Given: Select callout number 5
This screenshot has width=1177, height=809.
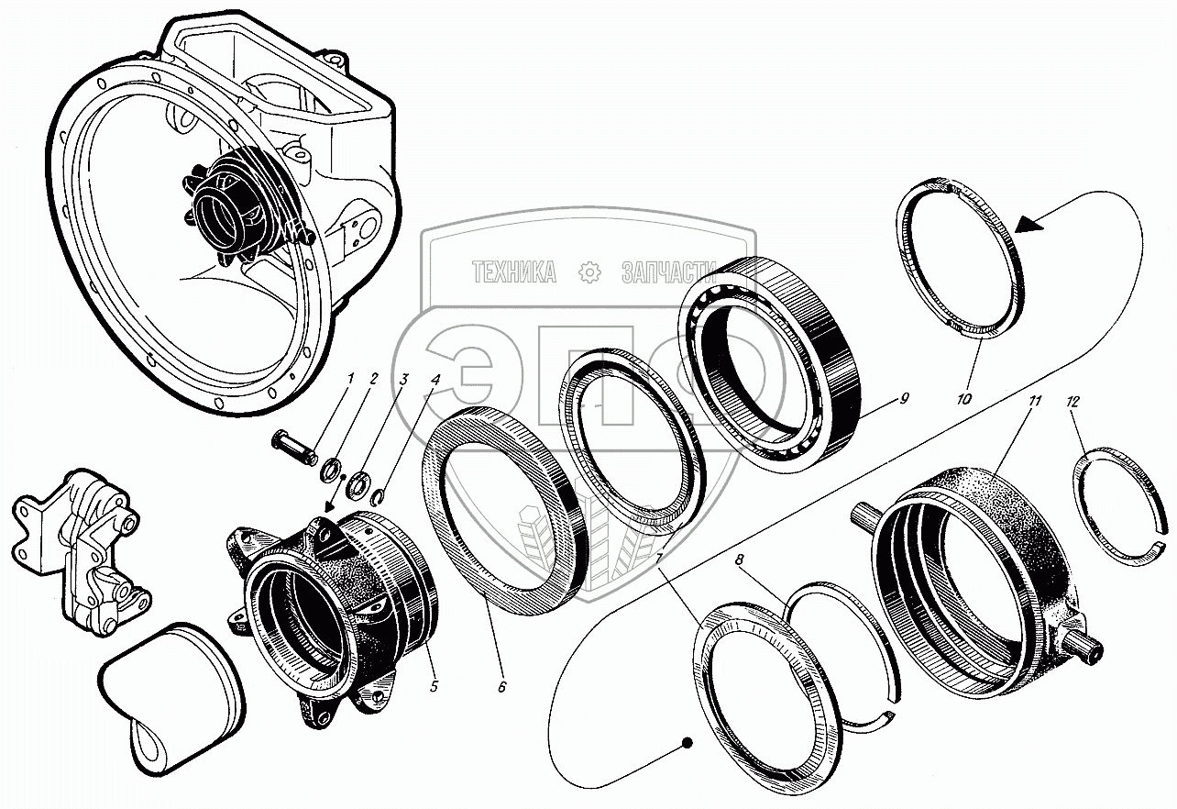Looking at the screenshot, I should coord(434,684).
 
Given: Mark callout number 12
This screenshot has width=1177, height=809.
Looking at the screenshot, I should coord(1074,401).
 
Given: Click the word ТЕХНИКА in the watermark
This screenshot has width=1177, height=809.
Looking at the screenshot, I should coord(513,272).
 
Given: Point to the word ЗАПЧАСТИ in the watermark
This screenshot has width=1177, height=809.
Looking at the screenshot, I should coord(667,272).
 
